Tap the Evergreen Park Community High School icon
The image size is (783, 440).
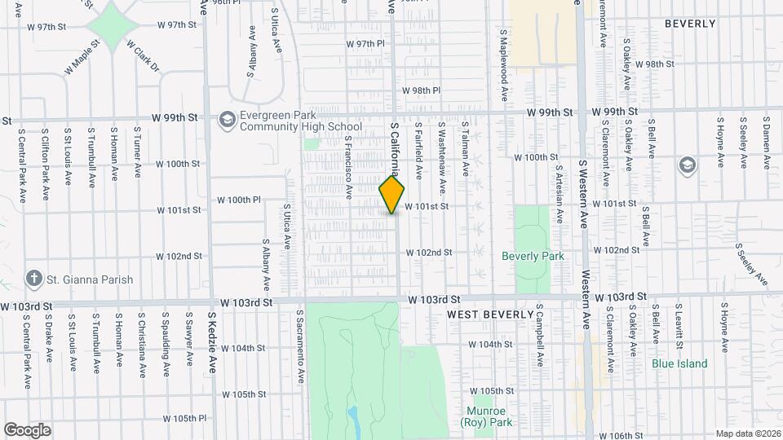tap(226, 120)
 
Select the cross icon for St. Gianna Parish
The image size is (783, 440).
tap(34, 279)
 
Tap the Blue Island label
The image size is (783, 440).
tap(679, 363)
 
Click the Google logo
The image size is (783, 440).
tap(27, 429)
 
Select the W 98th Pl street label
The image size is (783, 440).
tap(421, 90)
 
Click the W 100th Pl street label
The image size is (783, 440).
tap(238, 200)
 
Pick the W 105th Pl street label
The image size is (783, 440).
tap(184, 418)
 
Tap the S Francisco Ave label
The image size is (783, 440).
tap(348, 168)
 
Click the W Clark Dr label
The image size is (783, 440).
tap(144, 57)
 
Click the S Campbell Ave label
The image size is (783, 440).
tap(539, 336)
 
